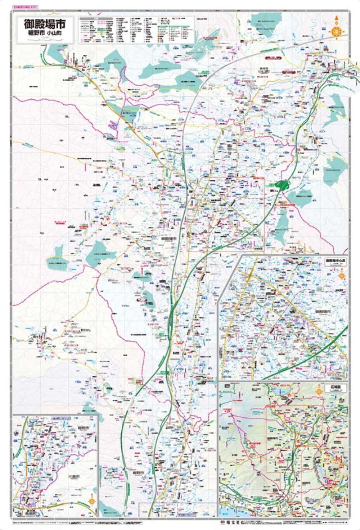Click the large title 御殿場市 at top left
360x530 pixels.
pyautogui.click(x=45, y=24)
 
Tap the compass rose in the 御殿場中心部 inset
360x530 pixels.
pyautogui.click(x=341, y=276)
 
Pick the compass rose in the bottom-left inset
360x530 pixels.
pyautogui.click(x=92, y=500)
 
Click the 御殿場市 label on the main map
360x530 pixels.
pyautogui.click(x=168, y=239)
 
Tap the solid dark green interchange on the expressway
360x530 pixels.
pyautogui.click(x=282, y=185)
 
